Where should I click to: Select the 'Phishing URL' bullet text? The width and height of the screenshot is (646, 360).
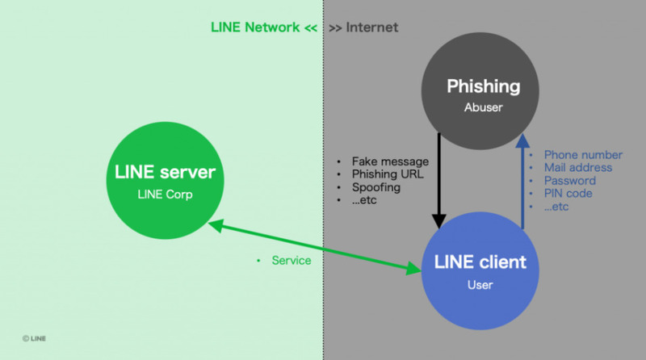click(387, 174)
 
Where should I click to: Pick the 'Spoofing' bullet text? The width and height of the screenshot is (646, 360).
click(375, 187)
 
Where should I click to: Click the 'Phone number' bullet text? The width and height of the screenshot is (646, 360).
click(583, 155)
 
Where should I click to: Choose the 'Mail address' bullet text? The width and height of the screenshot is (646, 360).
click(578, 168)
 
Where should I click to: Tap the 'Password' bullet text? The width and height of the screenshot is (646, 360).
click(570, 181)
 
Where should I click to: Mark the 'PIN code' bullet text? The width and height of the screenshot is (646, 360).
click(568, 194)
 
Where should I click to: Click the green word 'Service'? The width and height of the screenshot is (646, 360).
click(292, 261)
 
